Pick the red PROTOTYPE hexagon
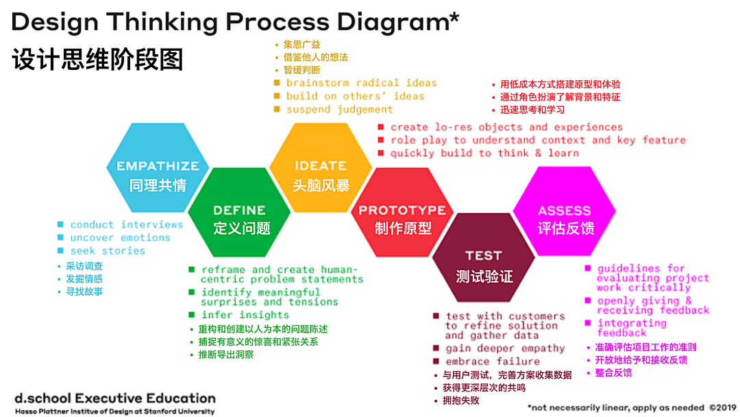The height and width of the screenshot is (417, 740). [x=402, y=218]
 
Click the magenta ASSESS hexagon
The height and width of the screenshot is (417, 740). [x=565, y=218]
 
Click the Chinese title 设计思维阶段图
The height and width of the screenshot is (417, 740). [x=97, y=60]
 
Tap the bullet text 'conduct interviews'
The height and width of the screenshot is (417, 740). [x=127, y=224]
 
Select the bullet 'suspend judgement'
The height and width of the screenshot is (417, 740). [x=339, y=110]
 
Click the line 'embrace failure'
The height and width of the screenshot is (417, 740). [x=492, y=361]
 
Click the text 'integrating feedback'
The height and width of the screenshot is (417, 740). [x=631, y=328]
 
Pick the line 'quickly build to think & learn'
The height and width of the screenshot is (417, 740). [x=484, y=153]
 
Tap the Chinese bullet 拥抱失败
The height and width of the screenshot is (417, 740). [x=460, y=401]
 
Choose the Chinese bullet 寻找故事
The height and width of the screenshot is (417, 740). [x=84, y=291]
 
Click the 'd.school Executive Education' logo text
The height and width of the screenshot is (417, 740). [x=114, y=398]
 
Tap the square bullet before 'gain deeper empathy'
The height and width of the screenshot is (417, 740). [x=436, y=348]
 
